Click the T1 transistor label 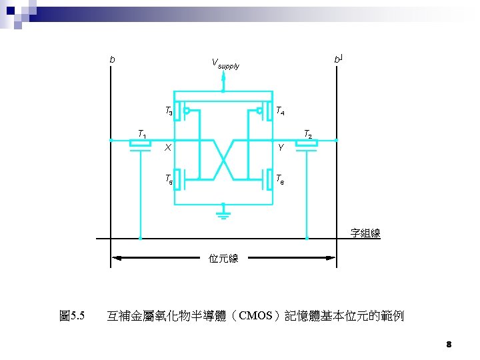143,133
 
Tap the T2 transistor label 308,134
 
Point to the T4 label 281,111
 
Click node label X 168,148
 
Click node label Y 281,148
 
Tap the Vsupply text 225,64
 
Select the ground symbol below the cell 224,213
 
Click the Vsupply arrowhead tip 224,74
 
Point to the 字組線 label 365,233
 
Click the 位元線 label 223,257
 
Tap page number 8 449,345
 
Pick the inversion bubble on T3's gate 187,111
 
